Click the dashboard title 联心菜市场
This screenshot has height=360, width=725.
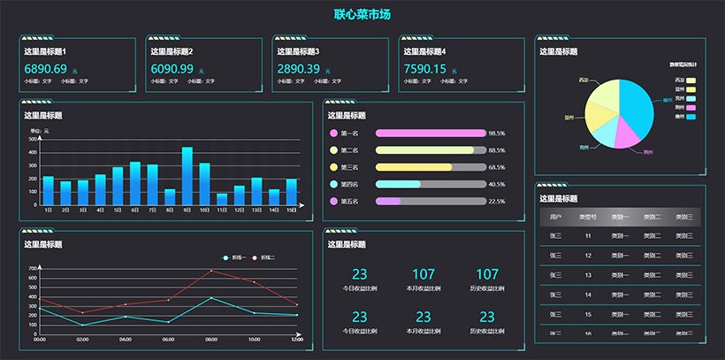(x=362, y=14)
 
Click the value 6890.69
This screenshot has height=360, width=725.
(x=45, y=69)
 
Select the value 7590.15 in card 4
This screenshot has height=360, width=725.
(x=425, y=69)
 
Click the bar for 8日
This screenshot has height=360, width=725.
(x=170, y=197)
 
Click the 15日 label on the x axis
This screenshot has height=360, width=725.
(x=291, y=210)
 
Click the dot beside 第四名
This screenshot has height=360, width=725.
(x=333, y=184)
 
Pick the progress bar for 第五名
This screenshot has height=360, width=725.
(x=431, y=201)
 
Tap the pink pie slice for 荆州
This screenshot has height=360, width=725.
(x=629, y=133)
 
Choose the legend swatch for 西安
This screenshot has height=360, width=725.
(x=691, y=80)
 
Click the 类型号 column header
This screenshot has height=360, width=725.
(x=588, y=217)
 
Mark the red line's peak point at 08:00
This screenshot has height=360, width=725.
(x=211, y=271)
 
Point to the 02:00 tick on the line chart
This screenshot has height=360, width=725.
(x=82, y=339)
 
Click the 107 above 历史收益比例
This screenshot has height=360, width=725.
(x=487, y=274)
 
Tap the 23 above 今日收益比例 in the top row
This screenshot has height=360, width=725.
(x=360, y=274)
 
